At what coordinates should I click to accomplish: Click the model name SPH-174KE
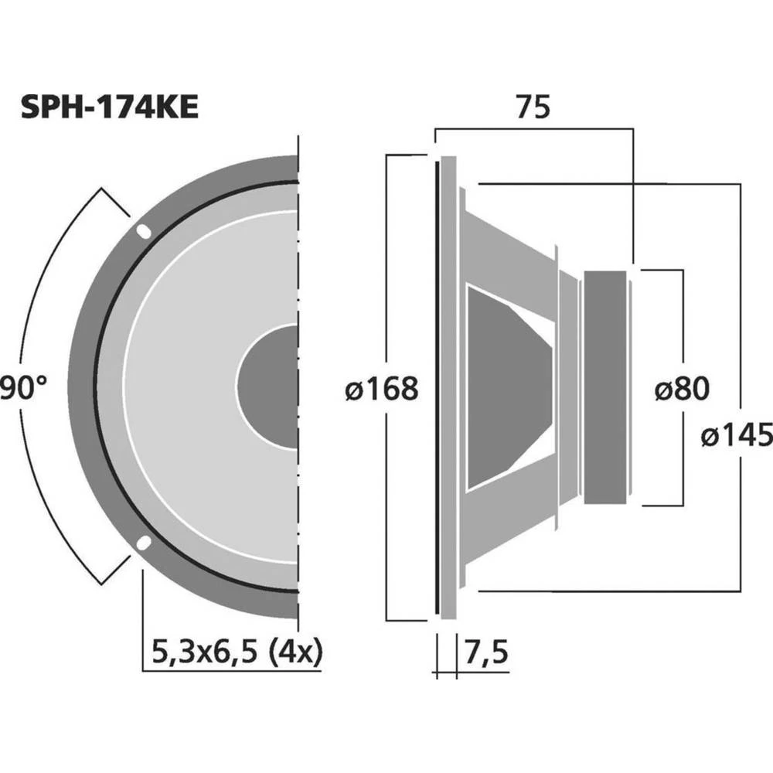(x=110, y=107)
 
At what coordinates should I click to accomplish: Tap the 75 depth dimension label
(x=533, y=107)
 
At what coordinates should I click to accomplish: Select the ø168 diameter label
(x=382, y=388)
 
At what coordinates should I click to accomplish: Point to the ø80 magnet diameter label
(x=682, y=388)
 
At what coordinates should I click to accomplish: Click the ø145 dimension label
(x=737, y=434)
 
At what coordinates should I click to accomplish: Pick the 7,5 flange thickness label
(x=486, y=652)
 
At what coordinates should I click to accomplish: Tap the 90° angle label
(x=22, y=388)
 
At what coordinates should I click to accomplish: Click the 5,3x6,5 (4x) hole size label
(x=237, y=652)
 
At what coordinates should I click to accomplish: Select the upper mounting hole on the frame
(x=144, y=231)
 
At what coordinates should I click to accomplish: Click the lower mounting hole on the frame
(x=144, y=543)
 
